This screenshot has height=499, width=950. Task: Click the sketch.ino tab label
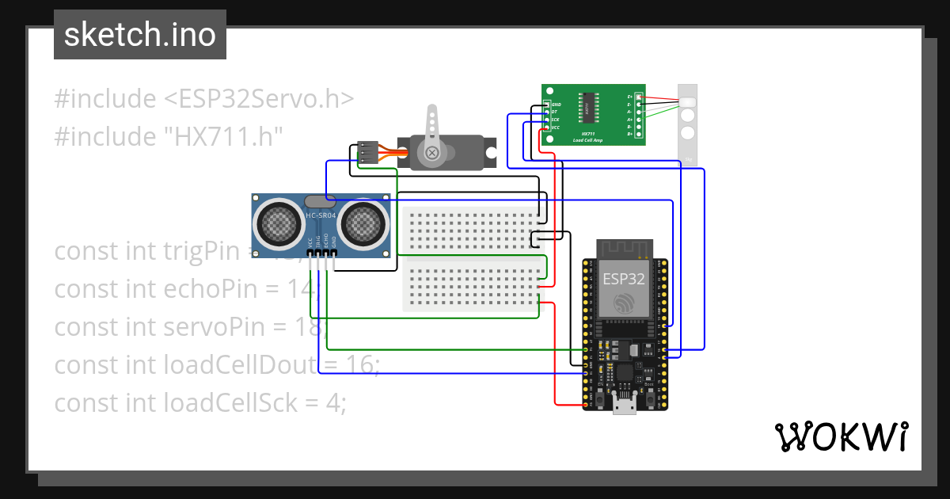pos(139,35)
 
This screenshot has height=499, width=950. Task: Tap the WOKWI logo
pos(840,436)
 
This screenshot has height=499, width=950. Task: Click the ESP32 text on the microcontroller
pos(624,279)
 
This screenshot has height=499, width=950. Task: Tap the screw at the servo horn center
pos(432,153)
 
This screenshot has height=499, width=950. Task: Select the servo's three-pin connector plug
pos(367,153)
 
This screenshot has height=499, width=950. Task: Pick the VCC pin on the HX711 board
pos(545,128)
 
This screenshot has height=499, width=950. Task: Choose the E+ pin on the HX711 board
pos(638,97)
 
